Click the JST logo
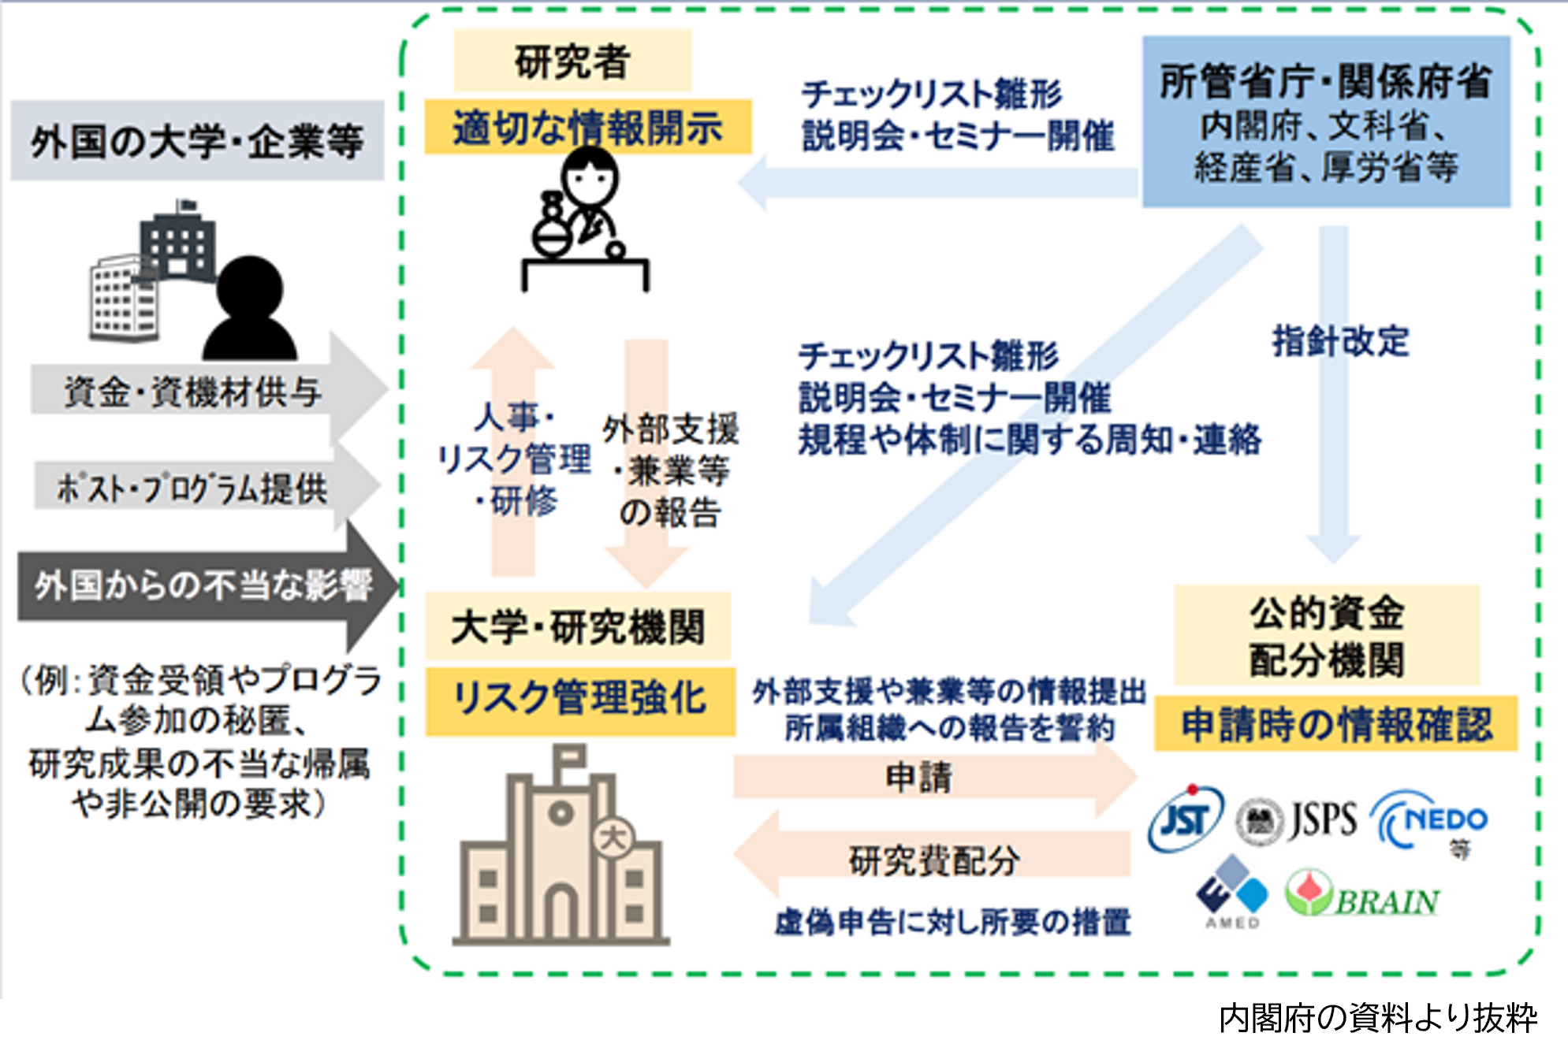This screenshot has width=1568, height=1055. [x=1184, y=819]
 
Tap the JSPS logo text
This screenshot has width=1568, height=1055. [x=1323, y=819]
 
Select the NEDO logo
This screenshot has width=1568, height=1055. [x=1431, y=821]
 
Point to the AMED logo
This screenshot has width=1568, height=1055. [x=1232, y=892]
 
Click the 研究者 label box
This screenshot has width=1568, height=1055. [x=572, y=61]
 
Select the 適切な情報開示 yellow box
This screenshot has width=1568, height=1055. [x=587, y=128]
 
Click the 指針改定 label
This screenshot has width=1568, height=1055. [x=1340, y=341]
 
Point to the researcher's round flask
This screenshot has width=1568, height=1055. [x=550, y=234]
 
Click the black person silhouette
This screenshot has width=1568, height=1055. [x=250, y=311]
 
